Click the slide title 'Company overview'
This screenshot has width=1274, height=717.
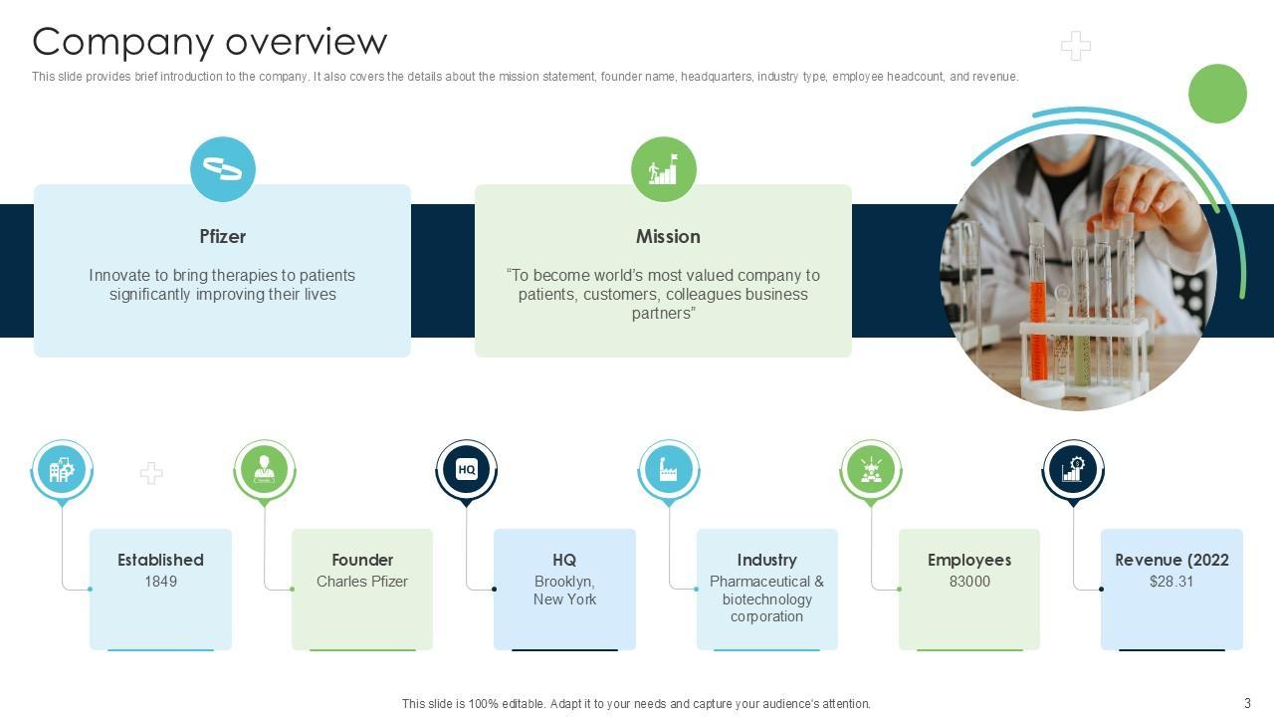tap(209, 42)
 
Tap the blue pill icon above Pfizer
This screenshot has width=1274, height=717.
tap(223, 169)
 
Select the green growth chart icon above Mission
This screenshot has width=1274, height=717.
tap(664, 169)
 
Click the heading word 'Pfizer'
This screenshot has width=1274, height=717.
tap(222, 236)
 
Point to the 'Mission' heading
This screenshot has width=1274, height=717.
tap(668, 236)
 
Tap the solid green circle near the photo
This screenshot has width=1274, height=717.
tap(1217, 94)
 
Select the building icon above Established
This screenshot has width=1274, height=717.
tap(62, 469)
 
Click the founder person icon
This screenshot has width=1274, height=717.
tap(264, 469)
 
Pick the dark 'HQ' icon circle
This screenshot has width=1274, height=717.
tap(466, 469)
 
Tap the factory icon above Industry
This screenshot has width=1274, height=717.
tap(668, 469)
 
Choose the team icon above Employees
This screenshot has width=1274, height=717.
tap(871, 469)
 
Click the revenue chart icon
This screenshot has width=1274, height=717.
tap(1073, 469)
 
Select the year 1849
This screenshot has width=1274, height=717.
tap(160, 582)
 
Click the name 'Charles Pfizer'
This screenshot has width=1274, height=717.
tap(362, 582)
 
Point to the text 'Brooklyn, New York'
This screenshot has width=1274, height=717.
tap(564, 591)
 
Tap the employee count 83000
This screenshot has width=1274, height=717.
tap(969, 582)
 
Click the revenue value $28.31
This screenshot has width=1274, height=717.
tap(1171, 582)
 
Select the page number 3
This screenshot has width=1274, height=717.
tap(1247, 703)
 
